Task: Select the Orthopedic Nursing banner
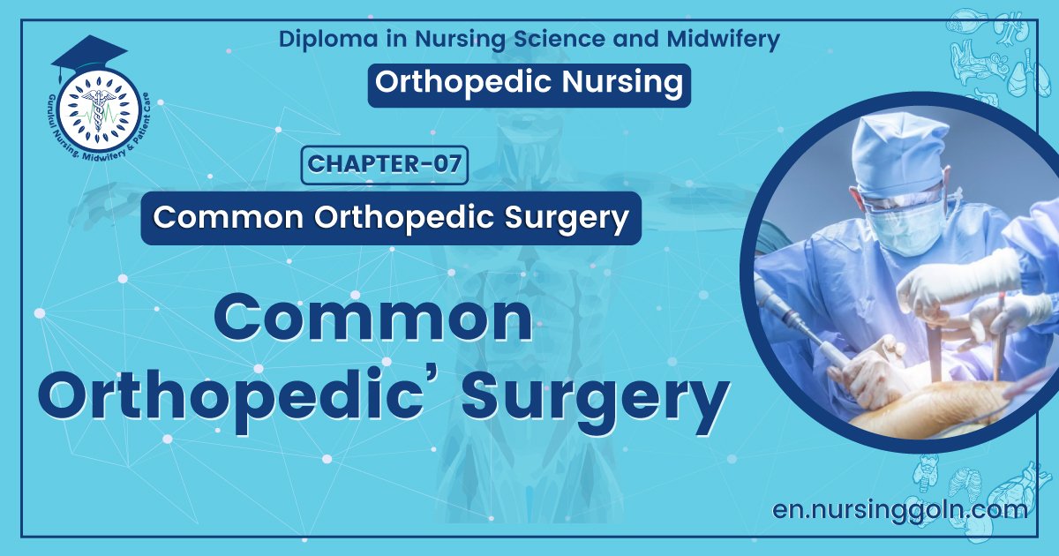point(528,83)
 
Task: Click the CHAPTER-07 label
point(385,165)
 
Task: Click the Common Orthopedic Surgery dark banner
point(389,218)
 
